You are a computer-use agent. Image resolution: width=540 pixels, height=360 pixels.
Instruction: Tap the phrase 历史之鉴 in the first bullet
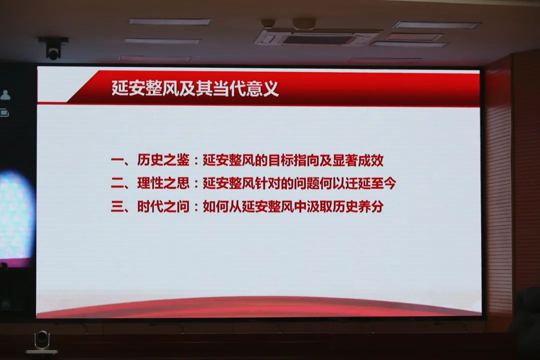pos(163,160)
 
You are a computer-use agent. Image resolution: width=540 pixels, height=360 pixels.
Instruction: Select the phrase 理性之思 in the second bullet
pos(163,183)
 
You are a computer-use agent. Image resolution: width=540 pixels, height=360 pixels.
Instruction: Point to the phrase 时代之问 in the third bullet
pos(163,206)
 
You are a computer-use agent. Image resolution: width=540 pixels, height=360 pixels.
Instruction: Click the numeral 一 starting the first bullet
pos(117,160)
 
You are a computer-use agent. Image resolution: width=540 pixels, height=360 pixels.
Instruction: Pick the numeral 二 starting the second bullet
pos(117,183)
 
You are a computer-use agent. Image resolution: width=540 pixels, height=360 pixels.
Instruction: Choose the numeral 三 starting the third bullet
pos(117,206)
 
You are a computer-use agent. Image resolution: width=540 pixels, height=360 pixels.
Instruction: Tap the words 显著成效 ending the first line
pos(358,160)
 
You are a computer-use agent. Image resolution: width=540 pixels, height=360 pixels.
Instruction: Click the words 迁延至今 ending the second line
pos(370,183)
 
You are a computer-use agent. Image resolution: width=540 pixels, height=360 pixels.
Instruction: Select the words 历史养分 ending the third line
pos(358,206)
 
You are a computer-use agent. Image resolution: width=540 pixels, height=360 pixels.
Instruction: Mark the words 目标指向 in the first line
pos(293,160)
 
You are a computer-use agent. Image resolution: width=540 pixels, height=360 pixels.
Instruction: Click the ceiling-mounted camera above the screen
pos(53,48)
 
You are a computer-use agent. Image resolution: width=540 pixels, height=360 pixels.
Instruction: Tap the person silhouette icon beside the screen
pos(5,95)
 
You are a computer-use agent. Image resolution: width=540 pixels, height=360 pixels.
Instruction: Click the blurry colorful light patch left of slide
pos(16,217)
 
